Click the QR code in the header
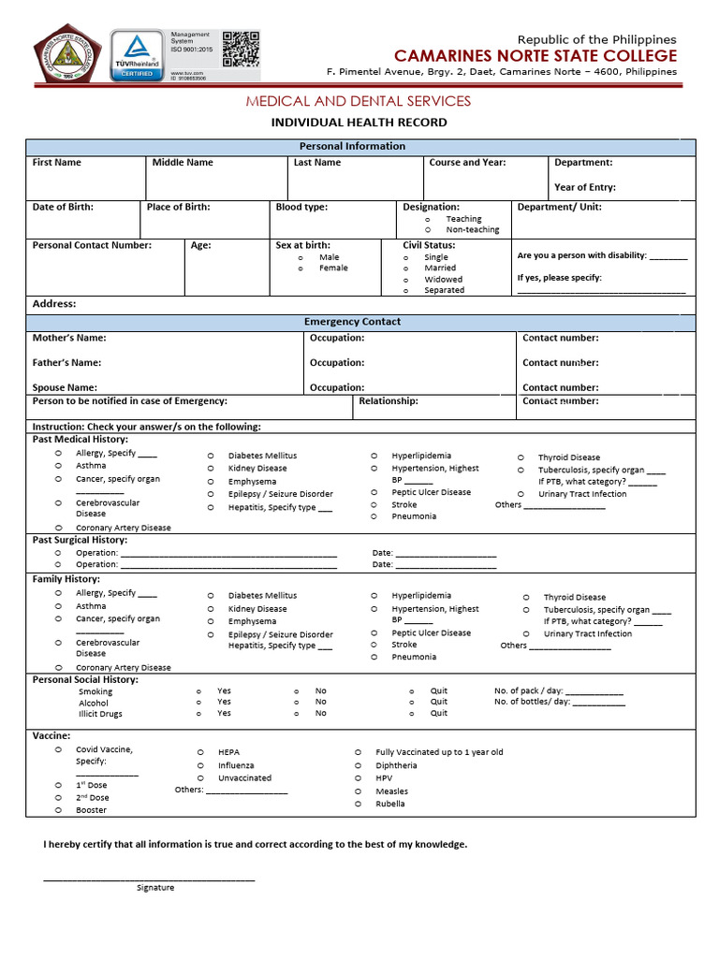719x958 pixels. point(242,49)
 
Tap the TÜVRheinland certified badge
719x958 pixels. point(138,55)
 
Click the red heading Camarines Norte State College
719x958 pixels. point(535,56)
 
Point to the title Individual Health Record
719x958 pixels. point(359,123)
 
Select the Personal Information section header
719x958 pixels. point(352,146)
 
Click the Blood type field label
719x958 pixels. point(301,207)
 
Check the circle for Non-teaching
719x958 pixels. point(427,229)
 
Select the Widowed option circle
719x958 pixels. point(405,279)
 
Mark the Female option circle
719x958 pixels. point(301,268)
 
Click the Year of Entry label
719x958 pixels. point(584,187)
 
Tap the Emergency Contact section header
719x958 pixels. point(352,322)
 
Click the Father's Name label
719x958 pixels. point(66,363)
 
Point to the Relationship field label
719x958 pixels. point(389,400)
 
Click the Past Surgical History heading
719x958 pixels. point(80,540)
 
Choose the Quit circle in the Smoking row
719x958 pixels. point(411,691)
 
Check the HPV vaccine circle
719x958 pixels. point(357,777)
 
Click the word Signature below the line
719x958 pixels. point(155,887)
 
